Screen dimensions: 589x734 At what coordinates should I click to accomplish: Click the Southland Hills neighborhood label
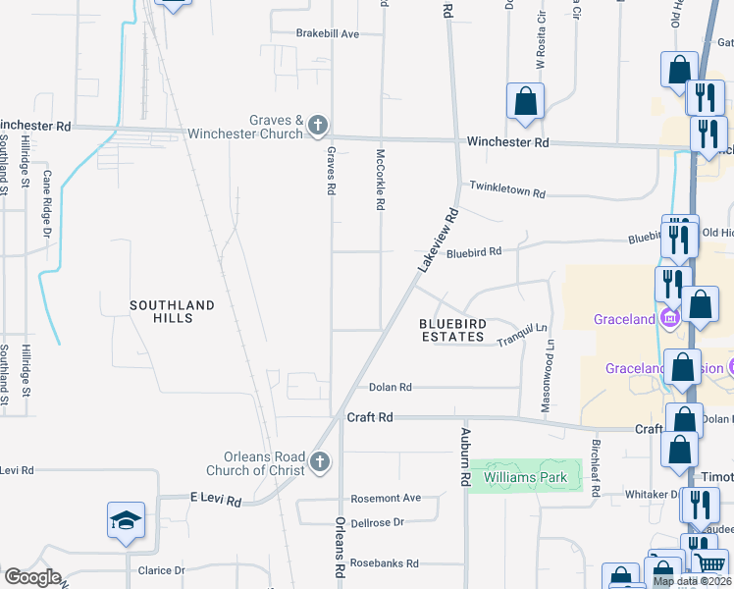[172, 312]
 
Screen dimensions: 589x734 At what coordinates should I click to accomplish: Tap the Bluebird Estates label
[452, 330]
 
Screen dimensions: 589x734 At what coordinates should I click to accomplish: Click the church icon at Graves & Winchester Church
[316, 125]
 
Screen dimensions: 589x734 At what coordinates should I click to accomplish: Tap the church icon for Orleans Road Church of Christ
[319, 461]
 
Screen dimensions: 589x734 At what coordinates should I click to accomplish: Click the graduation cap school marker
[127, 520]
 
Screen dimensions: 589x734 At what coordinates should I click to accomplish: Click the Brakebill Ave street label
[328, 33]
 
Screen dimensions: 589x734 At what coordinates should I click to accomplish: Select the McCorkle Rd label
[380, 180]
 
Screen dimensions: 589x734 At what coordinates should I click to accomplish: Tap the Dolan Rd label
[391, 388]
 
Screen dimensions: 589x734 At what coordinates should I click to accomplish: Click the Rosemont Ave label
[386, 498]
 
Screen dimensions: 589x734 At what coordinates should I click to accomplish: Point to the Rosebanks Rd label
[386, 563]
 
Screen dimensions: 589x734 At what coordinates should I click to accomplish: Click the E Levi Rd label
[215, 501]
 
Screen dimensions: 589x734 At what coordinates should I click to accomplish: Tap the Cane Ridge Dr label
[46, 203]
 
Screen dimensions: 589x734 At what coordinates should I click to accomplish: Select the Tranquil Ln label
[520, 336]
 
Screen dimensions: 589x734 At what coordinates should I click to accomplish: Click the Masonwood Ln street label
[549, 375]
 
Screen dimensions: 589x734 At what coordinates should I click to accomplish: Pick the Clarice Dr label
[161, 570]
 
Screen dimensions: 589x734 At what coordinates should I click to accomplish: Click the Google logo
[32, 577]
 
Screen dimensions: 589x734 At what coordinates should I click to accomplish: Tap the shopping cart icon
[708, 562]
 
